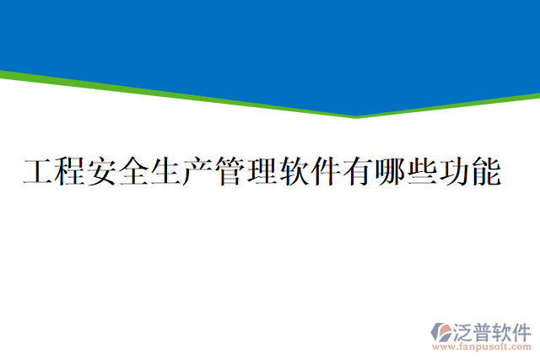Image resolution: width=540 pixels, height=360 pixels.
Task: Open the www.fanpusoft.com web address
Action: (482, 347)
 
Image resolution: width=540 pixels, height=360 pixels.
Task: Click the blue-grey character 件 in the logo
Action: (522, 330)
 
